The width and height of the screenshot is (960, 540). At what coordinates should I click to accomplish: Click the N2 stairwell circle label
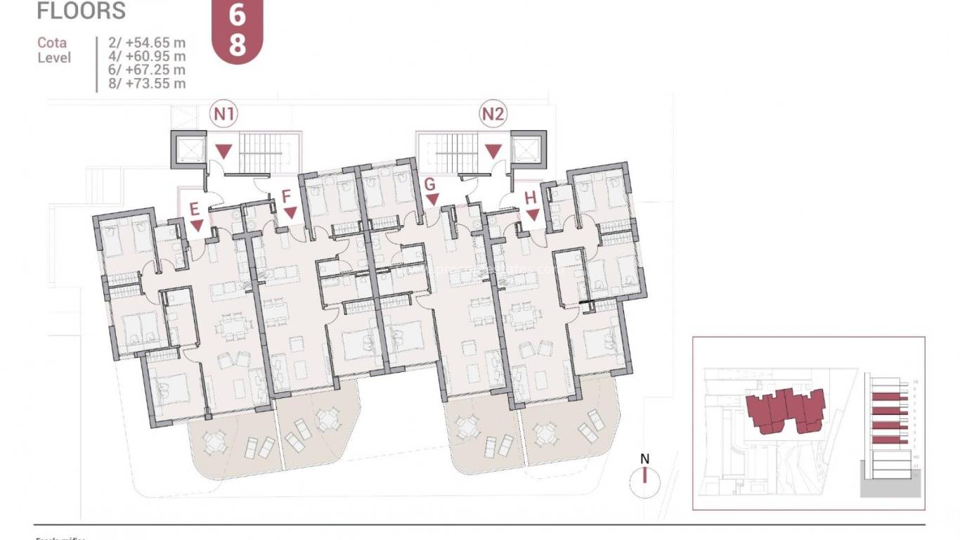coord(493,113)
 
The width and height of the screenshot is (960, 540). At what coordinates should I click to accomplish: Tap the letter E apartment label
coord(196,208)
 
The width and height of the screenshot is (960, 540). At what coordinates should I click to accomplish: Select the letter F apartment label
coord(287,195)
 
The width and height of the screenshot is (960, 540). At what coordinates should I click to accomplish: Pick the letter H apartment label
coord(531,198)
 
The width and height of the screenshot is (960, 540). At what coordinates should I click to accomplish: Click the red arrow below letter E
coord(197,225)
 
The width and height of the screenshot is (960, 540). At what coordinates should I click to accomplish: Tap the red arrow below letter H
coord(532,214)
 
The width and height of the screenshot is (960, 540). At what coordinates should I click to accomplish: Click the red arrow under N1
coord(224,150)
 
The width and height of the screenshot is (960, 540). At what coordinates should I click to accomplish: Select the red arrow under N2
coord(494,150)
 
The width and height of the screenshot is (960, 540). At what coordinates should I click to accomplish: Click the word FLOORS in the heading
coord(81,11)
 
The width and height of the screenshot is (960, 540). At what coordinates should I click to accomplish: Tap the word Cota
coord(52,43)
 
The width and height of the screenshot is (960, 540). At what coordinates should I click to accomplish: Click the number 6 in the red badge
coord(237,16)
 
